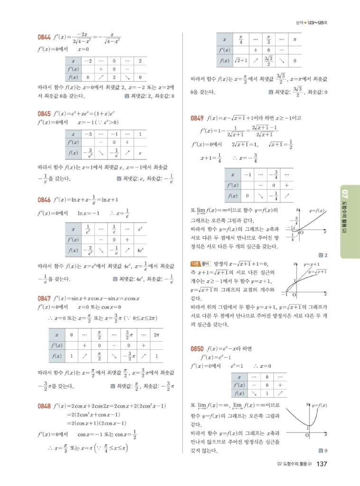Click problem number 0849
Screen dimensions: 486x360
(x=197, y=118)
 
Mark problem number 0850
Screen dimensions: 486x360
(x=197, y=349)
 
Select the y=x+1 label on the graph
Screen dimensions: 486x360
(x=311, y=264)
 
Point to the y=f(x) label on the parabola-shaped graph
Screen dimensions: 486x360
(x=320, y=405)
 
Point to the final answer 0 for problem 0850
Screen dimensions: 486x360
(x=327, y=450)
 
